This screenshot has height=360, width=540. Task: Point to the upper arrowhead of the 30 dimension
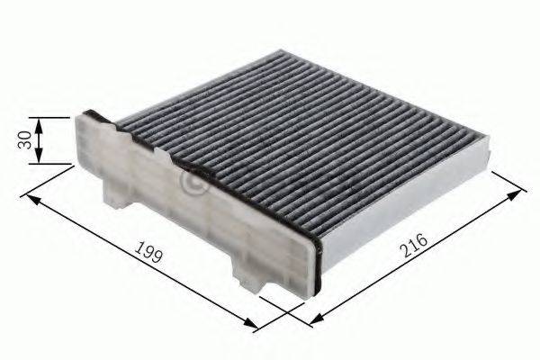pos(40,121)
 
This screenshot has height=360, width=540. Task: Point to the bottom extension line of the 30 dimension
pos(56,164)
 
